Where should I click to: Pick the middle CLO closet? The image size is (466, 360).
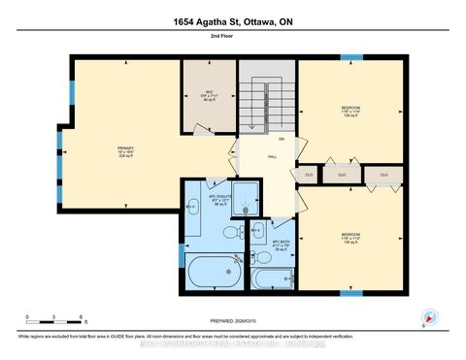(342, 176)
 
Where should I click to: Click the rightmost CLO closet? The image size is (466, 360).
(384, 176)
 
